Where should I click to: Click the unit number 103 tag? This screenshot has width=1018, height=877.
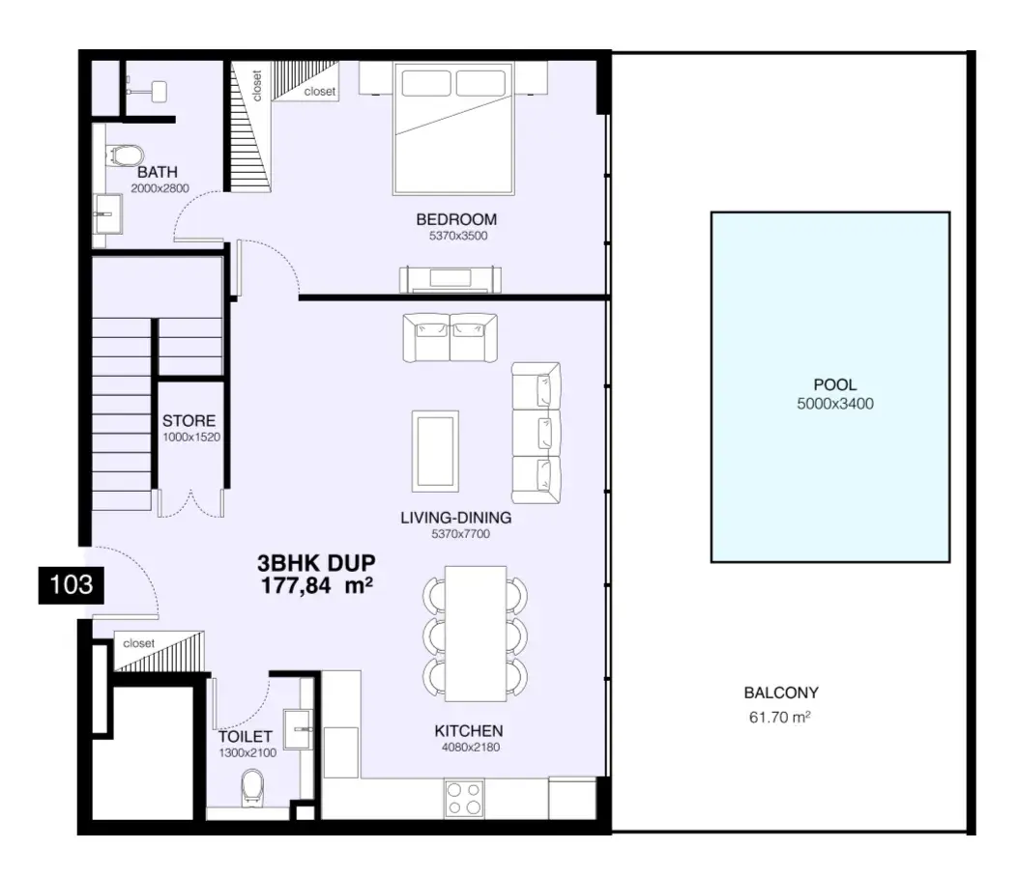tap(71, 585)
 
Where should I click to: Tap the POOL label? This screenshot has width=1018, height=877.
tap(835, 384)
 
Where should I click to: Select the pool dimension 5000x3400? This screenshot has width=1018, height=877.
tap(835, 404)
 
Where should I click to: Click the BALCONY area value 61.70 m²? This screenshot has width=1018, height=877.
tap(780, 717)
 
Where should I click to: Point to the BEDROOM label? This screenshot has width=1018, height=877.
tap(456, 219)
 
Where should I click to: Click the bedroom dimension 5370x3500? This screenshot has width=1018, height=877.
tap(457, 236)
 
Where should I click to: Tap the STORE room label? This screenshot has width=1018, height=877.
tap(189, 420)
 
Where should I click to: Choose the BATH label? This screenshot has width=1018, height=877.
tap(158, 172)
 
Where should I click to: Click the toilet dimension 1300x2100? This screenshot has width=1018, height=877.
tap(247, 753)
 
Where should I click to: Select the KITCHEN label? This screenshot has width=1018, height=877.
tap(469, 731)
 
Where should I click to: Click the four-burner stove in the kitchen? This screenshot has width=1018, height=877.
tap(464, 799)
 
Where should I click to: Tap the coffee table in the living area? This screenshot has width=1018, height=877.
tap(435, 451)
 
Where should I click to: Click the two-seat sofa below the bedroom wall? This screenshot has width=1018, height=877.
tap(450, 337)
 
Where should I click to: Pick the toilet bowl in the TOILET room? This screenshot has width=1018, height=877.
tap(252, 787)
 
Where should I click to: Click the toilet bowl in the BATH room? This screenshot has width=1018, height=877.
tap(127, 156)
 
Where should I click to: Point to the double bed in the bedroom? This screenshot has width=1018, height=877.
tap(453, 128)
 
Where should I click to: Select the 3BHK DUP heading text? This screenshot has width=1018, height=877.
tap(316, 562)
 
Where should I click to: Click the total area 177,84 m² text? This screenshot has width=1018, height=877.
tap(316, 585)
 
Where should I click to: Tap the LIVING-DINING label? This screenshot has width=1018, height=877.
tap(455, 518)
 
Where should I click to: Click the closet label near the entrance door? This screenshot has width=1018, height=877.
tap(139, 643)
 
